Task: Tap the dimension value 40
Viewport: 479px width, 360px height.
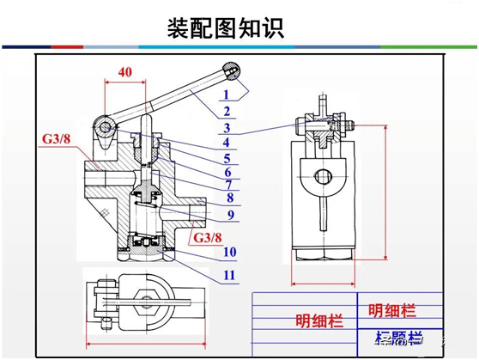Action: click(x=125, y=73)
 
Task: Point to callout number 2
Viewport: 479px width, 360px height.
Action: click(x=226, y=111)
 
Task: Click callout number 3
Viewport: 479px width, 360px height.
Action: click(x=226, y=128)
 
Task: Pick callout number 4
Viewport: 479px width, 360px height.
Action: click(x=226, y=143)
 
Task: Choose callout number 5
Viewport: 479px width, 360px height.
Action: click(x=227, y=158)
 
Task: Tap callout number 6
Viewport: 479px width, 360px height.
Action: click(x=227, y=173)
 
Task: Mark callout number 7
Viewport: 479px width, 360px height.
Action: click(x=229, y=185)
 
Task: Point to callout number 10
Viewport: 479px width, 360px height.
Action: click(x=228, y=252)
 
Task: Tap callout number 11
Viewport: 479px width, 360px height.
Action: click(x=228, y=275)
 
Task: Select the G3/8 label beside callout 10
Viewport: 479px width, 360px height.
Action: click(x=208, y=237)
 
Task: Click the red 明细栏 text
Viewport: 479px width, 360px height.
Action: click(x=392, y=310)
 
